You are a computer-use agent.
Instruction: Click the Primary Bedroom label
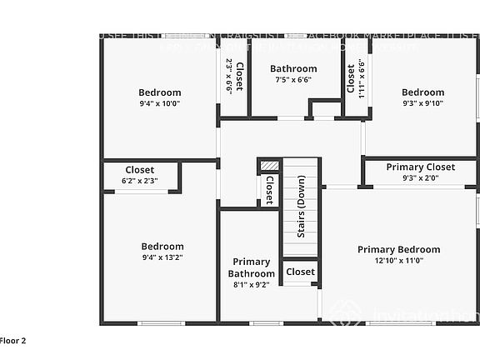398,249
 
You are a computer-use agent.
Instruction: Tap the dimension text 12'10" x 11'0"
398,260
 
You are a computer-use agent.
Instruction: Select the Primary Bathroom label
251,267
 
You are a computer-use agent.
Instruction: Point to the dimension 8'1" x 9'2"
251,285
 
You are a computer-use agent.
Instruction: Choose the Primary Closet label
421,167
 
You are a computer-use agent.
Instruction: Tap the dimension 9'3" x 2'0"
421,178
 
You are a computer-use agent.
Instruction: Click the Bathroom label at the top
293,69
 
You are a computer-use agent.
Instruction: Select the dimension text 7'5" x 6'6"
293,80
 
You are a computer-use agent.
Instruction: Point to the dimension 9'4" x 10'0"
159,103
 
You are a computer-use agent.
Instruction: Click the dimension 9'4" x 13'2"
162,257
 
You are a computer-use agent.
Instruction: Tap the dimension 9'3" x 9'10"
422,103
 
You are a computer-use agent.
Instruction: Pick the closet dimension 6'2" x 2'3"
139,181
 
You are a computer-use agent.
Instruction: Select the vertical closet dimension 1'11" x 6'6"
362,77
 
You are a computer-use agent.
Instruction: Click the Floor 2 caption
13,340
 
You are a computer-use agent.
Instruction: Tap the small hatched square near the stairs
267,165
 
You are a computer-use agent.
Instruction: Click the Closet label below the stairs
300,272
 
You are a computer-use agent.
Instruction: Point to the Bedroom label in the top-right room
422,92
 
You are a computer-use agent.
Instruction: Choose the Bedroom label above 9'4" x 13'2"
162,247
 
